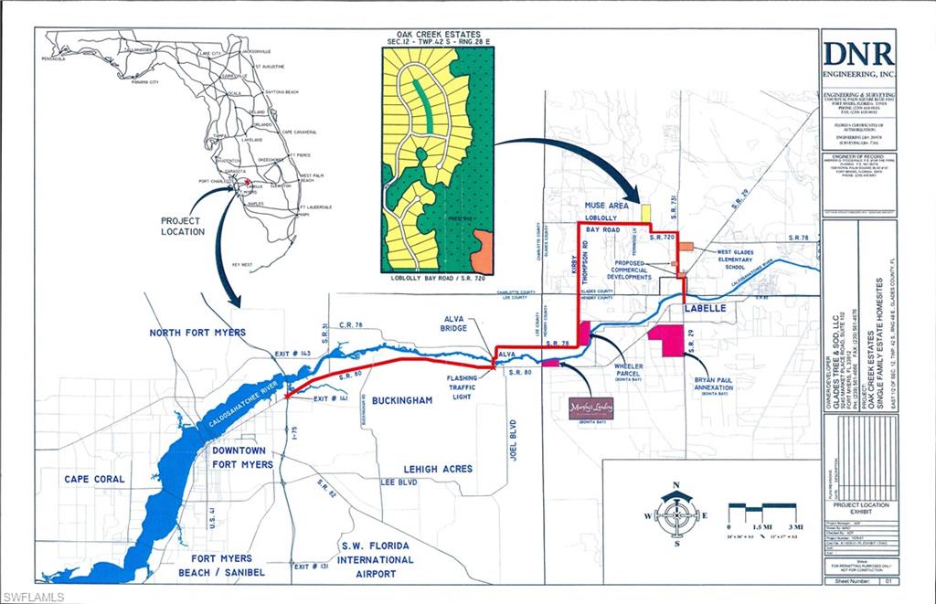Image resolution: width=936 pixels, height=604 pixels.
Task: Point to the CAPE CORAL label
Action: [94, 479]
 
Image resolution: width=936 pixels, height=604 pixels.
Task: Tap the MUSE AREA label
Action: [606, 207]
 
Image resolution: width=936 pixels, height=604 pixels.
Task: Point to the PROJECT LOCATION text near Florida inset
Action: [183, 227]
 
